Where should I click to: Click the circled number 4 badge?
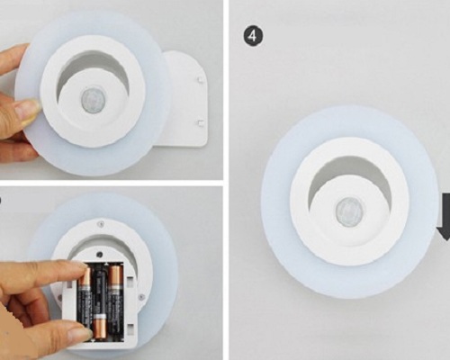253,36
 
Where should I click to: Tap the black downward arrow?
445,217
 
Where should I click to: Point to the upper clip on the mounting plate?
200,80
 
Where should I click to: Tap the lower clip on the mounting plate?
200,122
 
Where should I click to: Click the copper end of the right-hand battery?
116,276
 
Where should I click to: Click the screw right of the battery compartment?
142,297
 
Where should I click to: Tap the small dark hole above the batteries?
99,255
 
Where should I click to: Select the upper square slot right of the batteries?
130,282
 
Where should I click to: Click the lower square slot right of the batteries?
130,328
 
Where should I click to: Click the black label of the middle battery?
100,290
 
